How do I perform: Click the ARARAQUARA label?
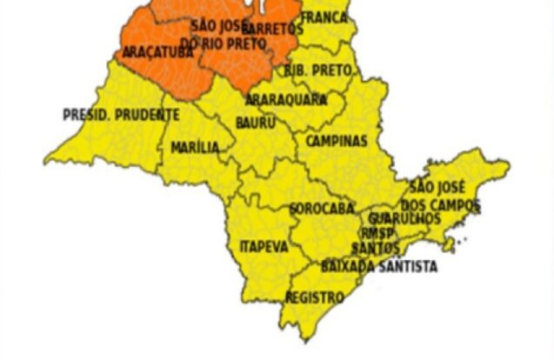coord(286,99)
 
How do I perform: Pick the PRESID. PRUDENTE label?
coord(122,114)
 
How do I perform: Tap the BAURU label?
coord(256,123)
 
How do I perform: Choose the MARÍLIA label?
coord(196,147)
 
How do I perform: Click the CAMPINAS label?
coord(337,141)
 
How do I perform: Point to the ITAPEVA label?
coord(264,247)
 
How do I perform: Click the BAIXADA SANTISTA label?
coord(379,267)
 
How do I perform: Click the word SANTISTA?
coord(407,267)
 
